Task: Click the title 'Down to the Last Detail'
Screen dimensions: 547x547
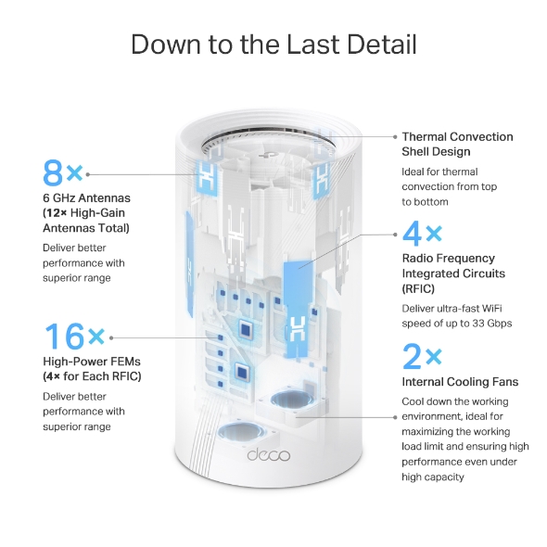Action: [x=273, y=44]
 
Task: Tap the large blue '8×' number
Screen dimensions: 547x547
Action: [x=63, y=173]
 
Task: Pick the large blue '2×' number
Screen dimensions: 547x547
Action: [x=422, y=356]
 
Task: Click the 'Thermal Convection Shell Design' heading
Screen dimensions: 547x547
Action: [x=457, y=144]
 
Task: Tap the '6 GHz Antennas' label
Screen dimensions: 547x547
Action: [x=86, y=197]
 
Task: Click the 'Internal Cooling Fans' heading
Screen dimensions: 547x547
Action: [x=460, y=382]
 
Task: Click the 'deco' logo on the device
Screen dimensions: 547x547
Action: [x=270, y=454]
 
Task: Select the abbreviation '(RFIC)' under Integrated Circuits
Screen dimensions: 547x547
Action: [x=419, y=288]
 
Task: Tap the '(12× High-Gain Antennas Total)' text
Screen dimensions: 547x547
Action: [x=86, y=221]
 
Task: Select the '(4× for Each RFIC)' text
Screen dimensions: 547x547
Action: [x=92, y=375]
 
